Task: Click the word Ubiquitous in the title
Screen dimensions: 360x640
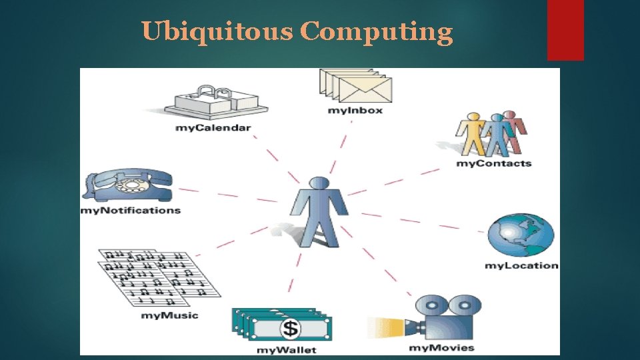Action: pyautogui.click(x=217, y=31)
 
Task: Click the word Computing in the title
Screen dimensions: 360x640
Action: pyautogui.click(x=376, y=31)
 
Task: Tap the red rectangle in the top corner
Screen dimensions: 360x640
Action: pyautogui.click(x=565, y=29)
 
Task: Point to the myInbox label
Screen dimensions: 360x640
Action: pyautogui.click(x=355, y=109)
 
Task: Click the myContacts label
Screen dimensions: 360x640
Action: pyautogui.click(x=493, y=163)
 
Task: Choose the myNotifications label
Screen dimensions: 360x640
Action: pyautogui.click(x=130, y=210)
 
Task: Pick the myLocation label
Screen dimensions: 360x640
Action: pyautogui.click(x=521, y=265)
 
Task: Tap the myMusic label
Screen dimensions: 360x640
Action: pyautogui.click(x=169, y=315)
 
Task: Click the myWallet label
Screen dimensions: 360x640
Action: pyautogui.click(x=287, y=349)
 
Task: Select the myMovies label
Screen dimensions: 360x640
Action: pyautogui.click(x=441, y=347)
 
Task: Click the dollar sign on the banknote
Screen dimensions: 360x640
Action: pyautogui.click(x=290, y=328)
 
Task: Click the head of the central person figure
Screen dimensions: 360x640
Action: pyautogui.click(x=319, y=183)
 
